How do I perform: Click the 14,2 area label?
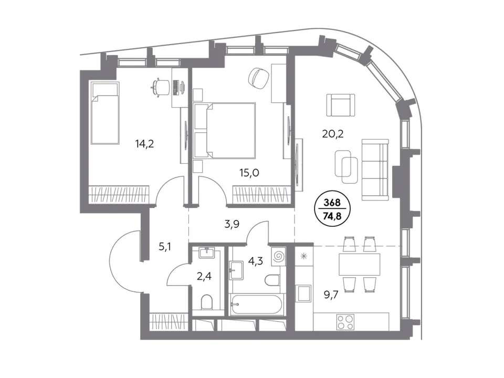click(145, 144)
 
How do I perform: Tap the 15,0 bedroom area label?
click(249, 173)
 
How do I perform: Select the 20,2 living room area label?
click(333, 133)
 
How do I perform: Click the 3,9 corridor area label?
click(232, 224)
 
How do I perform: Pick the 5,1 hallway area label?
click(165, 247)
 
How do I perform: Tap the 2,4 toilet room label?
click(204, 276)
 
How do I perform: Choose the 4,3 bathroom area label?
click(256, 261)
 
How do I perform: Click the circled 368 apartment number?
click(332, 203)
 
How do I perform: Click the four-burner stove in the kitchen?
click(345, 322)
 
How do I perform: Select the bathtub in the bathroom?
click(257, 304)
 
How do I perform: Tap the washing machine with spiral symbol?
click(278, 257)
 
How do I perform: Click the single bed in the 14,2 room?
click(105, 113)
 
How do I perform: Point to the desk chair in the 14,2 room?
click(161, 87)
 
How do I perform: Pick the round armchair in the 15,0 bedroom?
click(259, 78)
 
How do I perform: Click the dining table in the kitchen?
click(359, 263)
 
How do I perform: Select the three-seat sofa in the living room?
click(375, 170)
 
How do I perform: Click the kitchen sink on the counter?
click(303, 293)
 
